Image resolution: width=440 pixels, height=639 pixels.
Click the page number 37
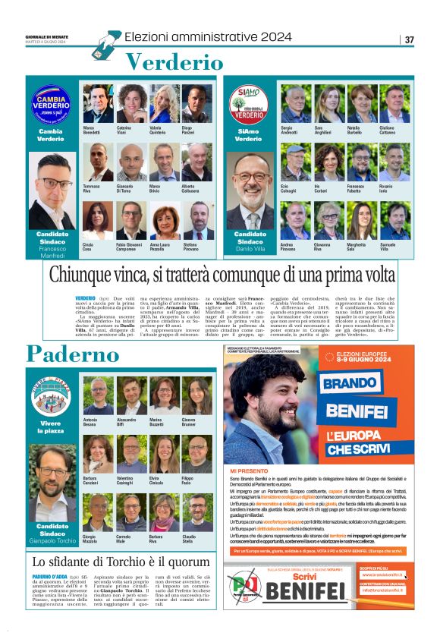pos(410,39)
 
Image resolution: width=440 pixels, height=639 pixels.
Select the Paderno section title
pos(73,353)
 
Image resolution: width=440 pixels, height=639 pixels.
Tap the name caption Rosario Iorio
pos(386,188)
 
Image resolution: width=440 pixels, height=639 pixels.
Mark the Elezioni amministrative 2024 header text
pos(208,36)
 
